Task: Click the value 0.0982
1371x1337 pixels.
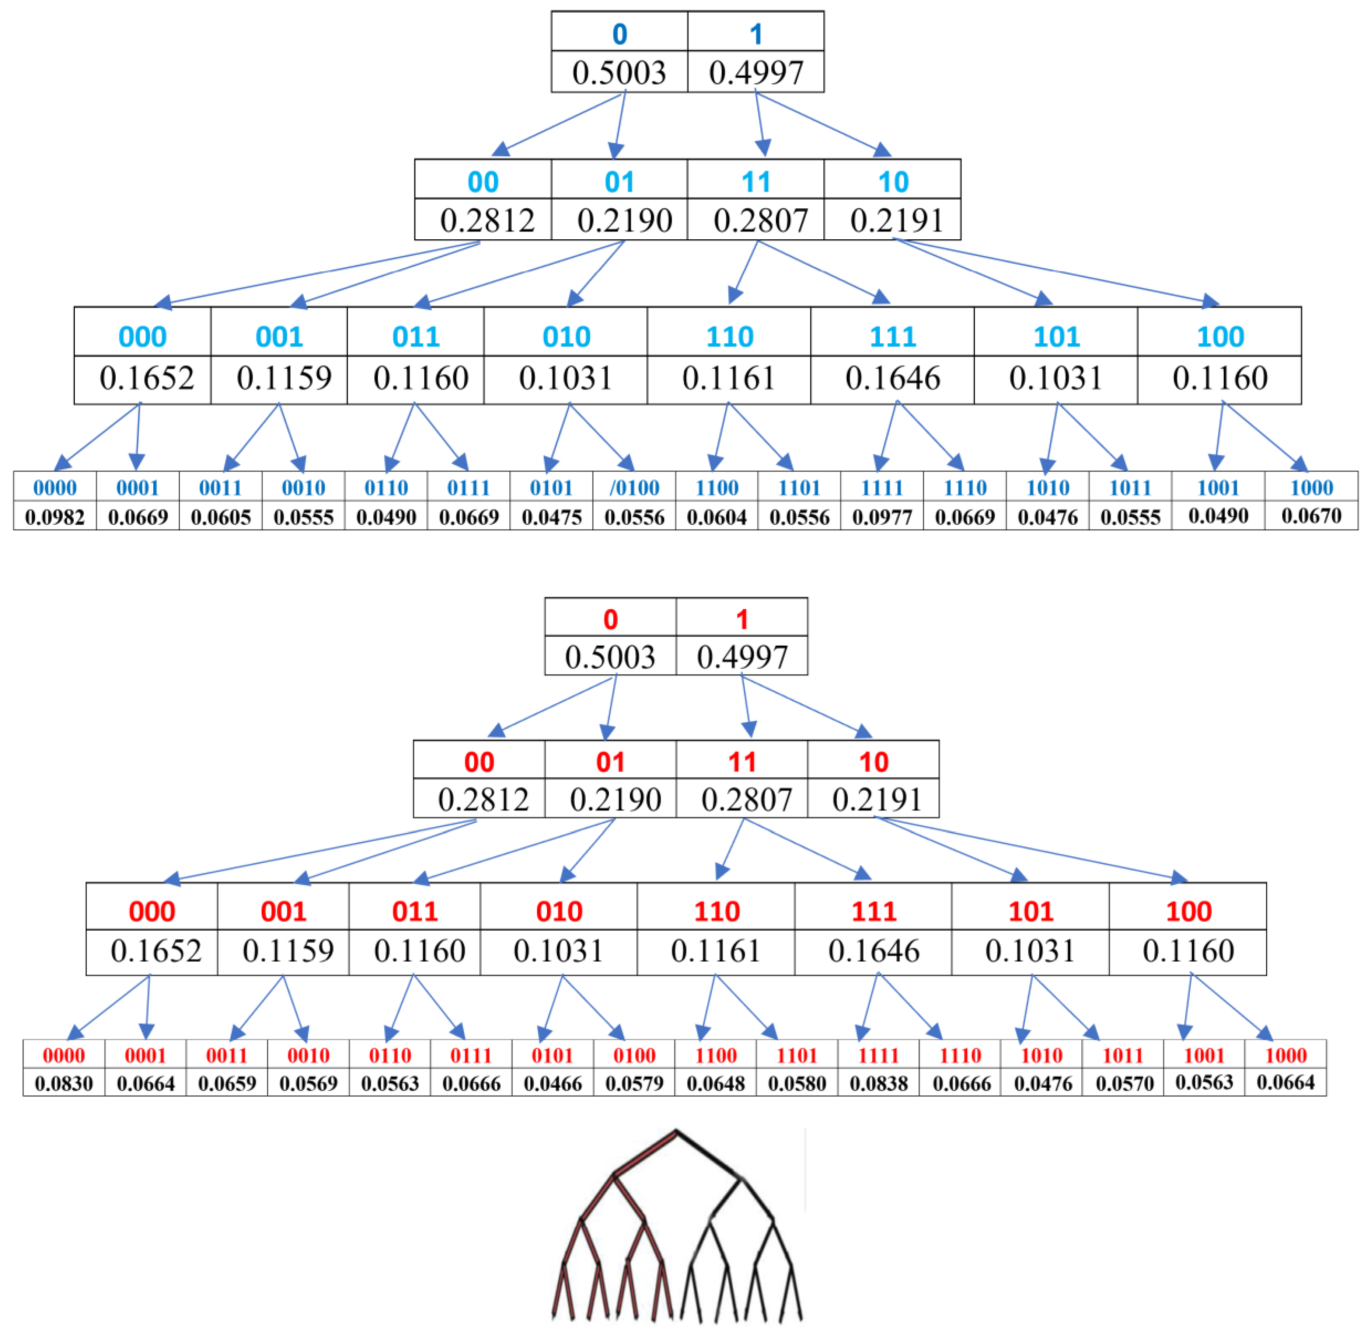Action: pyautogui.click(x=55, y=518)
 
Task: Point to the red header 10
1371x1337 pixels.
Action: pyautogui.click(x=873, y=762)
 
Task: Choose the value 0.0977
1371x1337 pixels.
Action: pyautogui.click(x=882, y=518)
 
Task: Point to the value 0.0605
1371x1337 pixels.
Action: pyautogui.click(x=220, y=518)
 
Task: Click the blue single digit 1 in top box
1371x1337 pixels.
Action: pyautogui.click(x=756, y=34)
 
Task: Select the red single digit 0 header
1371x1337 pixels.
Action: pyautogui.click(x=610, y=619)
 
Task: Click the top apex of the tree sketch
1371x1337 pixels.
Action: pyautogui.click(x=675, y=1131)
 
